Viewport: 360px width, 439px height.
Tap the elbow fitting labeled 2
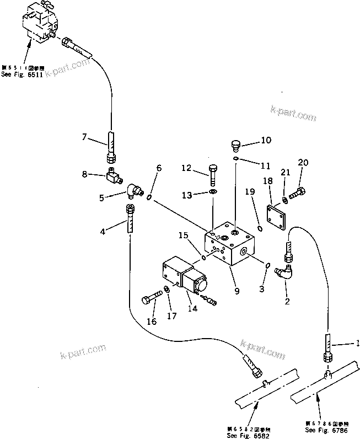point(287,272)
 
